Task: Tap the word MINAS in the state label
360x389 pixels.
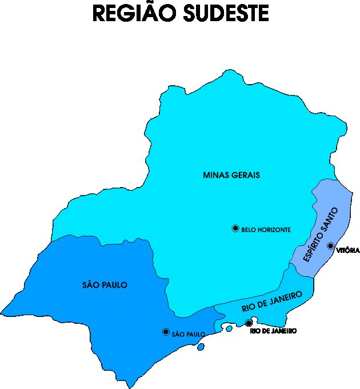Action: (x=217, y=175)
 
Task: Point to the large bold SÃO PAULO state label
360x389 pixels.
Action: (x=104, y=285)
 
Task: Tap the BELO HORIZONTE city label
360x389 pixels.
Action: (x=266, y=229)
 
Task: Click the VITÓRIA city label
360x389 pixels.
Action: (x=348, y=251)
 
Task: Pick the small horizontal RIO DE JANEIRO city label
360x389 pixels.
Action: (x=273, y=331)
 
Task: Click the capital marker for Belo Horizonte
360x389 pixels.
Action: (x=235, y=229)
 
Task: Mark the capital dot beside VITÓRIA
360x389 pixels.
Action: (x=330, y=246)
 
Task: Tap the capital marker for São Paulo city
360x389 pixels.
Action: (x=166, y=332)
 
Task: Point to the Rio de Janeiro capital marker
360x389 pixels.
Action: (x=249, y=324)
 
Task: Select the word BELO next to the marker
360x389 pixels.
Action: (x=248, y=229)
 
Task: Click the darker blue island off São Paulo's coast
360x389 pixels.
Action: (x=201, y=347)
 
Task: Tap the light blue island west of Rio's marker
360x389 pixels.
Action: (x=229, y=328)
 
